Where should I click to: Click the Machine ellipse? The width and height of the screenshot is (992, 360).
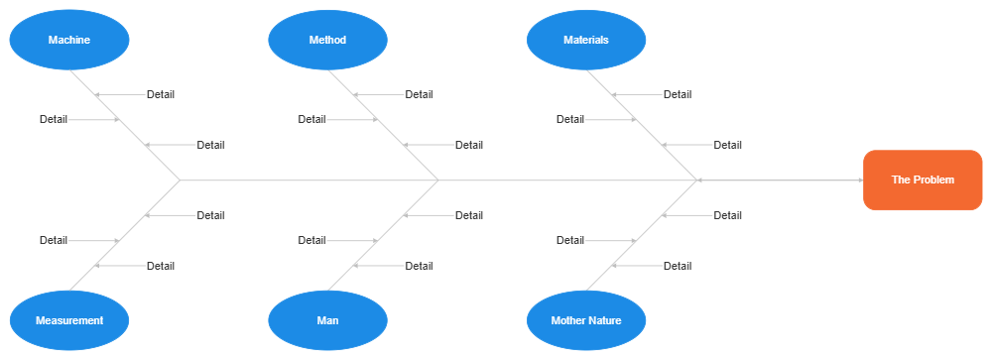click(x=69, y=41)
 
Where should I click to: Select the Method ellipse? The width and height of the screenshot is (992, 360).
click(x=327, y=41)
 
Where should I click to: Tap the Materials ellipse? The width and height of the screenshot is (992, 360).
click(x=586, y=41)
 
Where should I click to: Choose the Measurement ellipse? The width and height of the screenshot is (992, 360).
click(x=69, y=320)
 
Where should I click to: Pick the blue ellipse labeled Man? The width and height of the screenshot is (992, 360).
click(x=327, y=320)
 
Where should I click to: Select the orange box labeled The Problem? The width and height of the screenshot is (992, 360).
click(x=923, y=180)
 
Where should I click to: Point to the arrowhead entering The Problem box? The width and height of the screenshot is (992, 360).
click(x=859, y=180)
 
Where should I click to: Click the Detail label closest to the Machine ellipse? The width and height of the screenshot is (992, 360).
click(x=161, y=95)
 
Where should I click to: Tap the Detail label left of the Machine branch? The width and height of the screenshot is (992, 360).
click(x=54, y=120)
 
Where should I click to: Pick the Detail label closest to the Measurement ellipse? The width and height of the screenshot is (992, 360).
click(x=161, y=266)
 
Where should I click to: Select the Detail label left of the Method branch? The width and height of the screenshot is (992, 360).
click(x=311, y=120)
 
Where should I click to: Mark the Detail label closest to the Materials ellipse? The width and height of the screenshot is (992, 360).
click(x=678, y=95)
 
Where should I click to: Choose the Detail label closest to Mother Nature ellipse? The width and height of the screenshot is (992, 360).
click(x=678, y=266)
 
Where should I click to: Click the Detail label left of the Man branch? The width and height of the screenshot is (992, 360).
click(x=311, y=240)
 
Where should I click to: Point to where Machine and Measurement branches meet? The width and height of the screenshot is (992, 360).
click(x=180, y=180)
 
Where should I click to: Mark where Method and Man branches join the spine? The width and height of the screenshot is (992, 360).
click(x=438, y=180)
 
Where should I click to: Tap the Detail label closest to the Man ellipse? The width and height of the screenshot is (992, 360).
click(x=420, y=266)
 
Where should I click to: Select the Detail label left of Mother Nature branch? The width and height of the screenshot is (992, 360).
click(x=570, y=240)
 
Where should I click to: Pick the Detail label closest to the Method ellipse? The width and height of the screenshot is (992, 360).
click(x=420, y=95)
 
